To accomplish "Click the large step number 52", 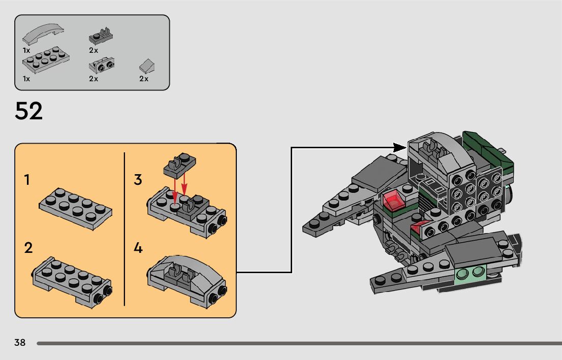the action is tap(28, 111).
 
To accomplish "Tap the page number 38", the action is tap(20, 342).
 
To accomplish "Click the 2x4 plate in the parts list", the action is tap(46, 59).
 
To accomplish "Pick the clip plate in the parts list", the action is tap(101, 36).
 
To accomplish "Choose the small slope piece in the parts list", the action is tap(147, 67).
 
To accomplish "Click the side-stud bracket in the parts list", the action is tap(102, 65).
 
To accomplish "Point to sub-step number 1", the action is tap(27, 179).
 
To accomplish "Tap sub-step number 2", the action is tap(28, 248).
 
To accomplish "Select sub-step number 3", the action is tap(138, 179).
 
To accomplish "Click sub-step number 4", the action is tap(138, 248).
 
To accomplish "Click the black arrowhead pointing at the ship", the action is tap(400, 147).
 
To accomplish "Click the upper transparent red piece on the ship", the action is tap(393, 200).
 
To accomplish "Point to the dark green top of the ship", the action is tap(488, 148).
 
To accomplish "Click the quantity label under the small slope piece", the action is tap(144, 79).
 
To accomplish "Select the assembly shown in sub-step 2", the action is tap(72, 282).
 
